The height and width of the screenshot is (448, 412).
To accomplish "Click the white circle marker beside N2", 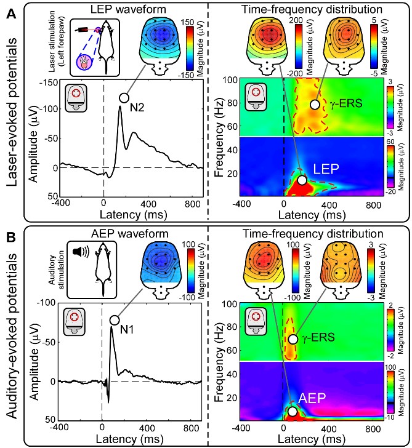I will [124, 98].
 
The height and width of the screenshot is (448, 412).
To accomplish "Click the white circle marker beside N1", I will [114, 320].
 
